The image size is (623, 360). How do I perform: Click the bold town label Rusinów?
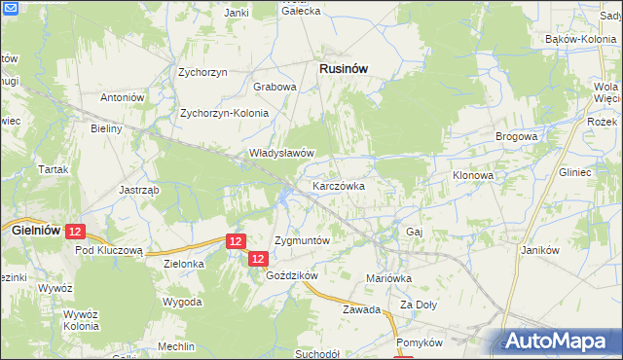point(344,68)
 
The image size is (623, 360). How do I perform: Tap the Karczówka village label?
point(338,185)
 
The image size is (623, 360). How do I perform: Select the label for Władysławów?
point(281,153)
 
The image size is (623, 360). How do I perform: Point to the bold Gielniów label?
point(35,231)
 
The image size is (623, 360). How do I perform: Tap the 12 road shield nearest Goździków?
point(257,258)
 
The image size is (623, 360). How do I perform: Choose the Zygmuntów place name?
point(303,239)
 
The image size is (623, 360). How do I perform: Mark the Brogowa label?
point(516,137)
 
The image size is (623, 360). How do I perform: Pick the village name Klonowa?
point(474,175)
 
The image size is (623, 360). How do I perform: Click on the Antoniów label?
point(123,98)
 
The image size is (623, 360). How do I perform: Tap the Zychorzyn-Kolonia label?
point(224,113)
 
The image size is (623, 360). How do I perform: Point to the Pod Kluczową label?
point(109,249)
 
